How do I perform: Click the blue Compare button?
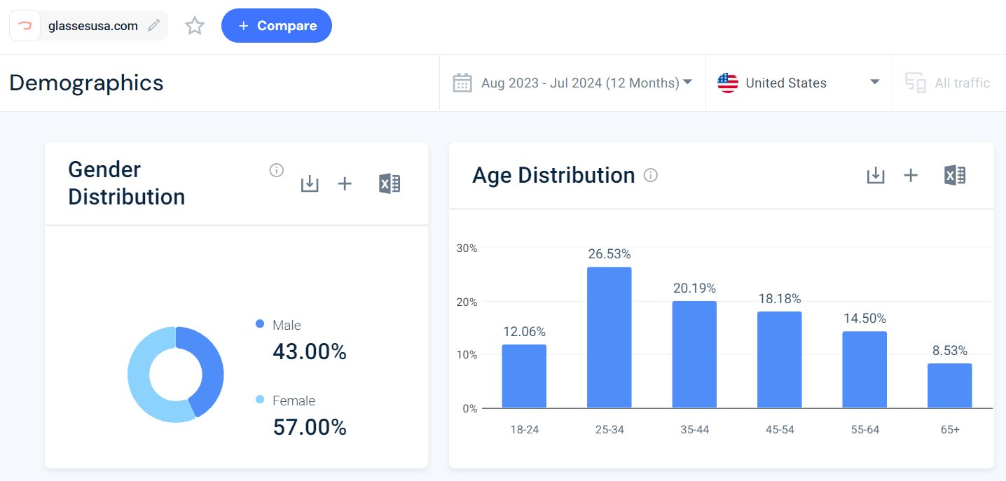tap(277, 26)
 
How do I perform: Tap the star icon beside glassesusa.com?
tap(195, 26)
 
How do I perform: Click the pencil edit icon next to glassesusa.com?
tap(153, 26)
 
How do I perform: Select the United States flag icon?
tap(728, 83)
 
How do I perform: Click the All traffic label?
tap(962, 83)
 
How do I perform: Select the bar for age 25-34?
tap(609, 337)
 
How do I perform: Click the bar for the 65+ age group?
tap(949, 385)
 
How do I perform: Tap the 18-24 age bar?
tap(524, 376)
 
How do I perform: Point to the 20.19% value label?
tap(694, 288)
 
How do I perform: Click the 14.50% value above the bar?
tap(864, 318)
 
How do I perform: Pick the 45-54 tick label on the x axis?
tap(780, 429)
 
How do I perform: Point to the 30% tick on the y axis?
tap(467, 248)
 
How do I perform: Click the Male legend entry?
tap(286, 325)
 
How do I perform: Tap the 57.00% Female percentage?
tap(310, 426)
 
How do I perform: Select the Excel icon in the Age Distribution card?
tap(955, 175)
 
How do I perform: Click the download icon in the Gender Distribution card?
tap(310, 183)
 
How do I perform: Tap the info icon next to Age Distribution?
tap(651, 175)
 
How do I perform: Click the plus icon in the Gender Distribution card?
tap(345, 183)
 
